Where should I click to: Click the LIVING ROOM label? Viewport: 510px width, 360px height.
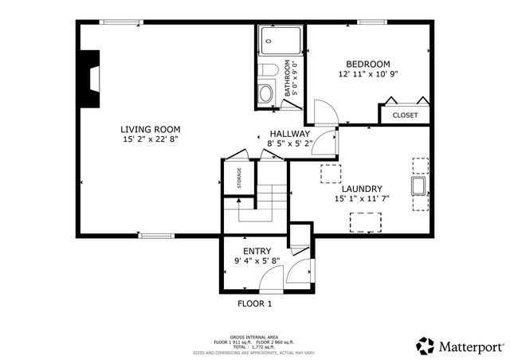(150, 129)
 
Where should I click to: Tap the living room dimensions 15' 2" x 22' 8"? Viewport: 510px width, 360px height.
(150, 140)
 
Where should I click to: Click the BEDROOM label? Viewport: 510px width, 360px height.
(367, 64)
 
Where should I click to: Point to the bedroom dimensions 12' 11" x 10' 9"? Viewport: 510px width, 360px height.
(367, 74)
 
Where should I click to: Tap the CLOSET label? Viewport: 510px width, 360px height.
(404, 115)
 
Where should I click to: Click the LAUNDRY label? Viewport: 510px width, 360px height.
(362, 189)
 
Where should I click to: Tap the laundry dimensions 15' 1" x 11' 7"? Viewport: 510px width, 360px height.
(362, 199)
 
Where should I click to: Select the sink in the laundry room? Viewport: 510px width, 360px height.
(418, 186)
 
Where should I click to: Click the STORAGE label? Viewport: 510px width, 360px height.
(238, 178)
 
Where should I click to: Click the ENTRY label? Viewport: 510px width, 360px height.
(252, 250)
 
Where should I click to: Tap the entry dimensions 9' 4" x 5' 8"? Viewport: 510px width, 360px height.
(252, 260)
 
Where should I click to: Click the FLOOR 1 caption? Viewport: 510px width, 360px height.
(255, 303)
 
